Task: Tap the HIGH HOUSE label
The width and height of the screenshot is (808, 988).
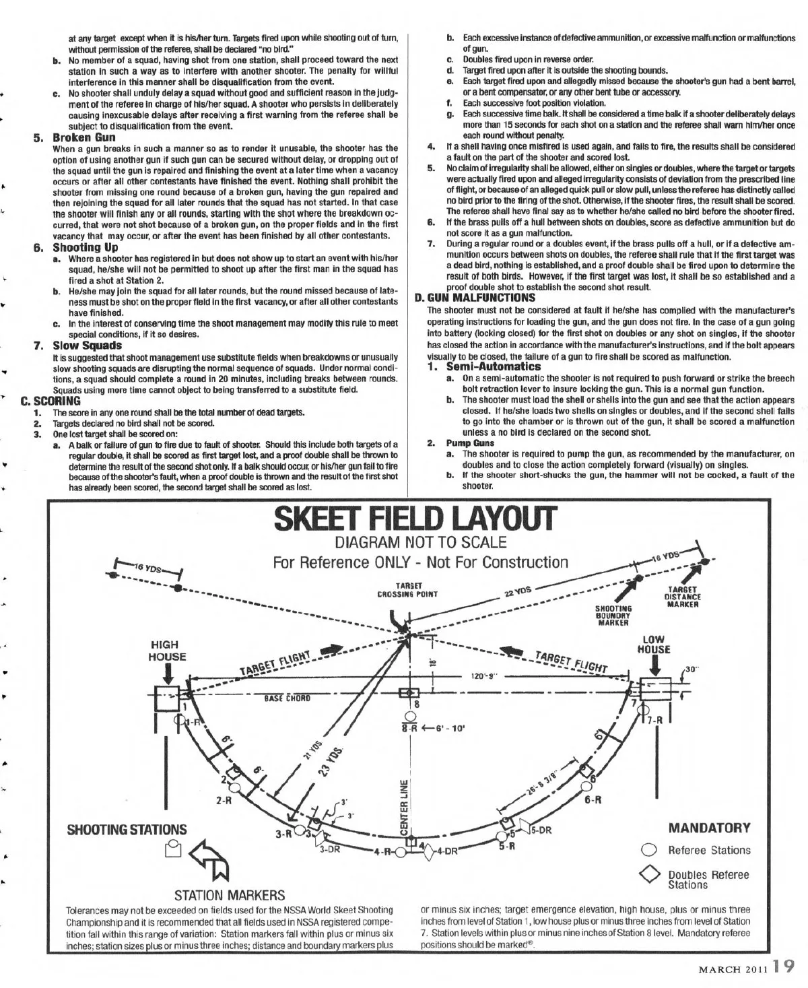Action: click(x=168, y=651)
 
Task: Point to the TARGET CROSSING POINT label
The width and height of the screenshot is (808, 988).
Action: click(x=407, y=590)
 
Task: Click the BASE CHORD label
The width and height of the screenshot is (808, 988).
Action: click(x=287, y=698)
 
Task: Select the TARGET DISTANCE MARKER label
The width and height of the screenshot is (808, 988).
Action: click(x=683, y=597)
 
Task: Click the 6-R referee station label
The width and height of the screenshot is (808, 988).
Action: click(x=593, y=800)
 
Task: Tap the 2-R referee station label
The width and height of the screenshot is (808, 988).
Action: click(x=224, y=801)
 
